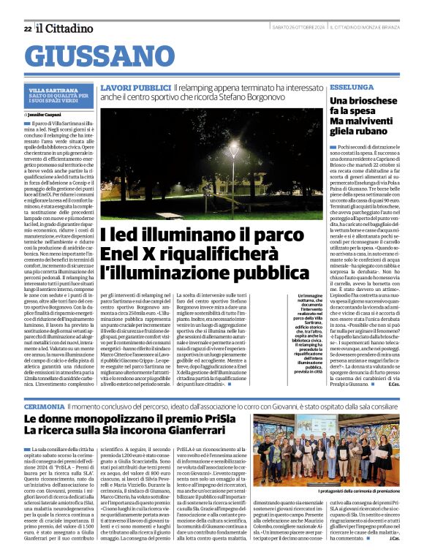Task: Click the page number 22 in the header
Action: click(x=27, y=29)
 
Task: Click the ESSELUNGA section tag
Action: click(x=351, y=86)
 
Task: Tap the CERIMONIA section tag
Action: click(x=44, y=405)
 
